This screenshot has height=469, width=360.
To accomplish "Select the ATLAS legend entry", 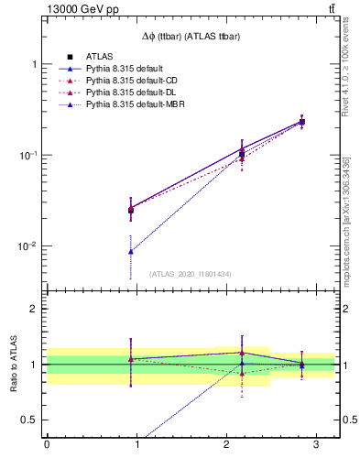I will click(x=99, y=58).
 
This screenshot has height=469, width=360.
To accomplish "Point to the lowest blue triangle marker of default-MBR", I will click(x=131, y=251).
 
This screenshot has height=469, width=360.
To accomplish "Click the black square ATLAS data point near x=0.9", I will click(x=131, y=211).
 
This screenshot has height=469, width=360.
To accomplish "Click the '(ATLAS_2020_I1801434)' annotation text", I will click(x=191, y=273).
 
